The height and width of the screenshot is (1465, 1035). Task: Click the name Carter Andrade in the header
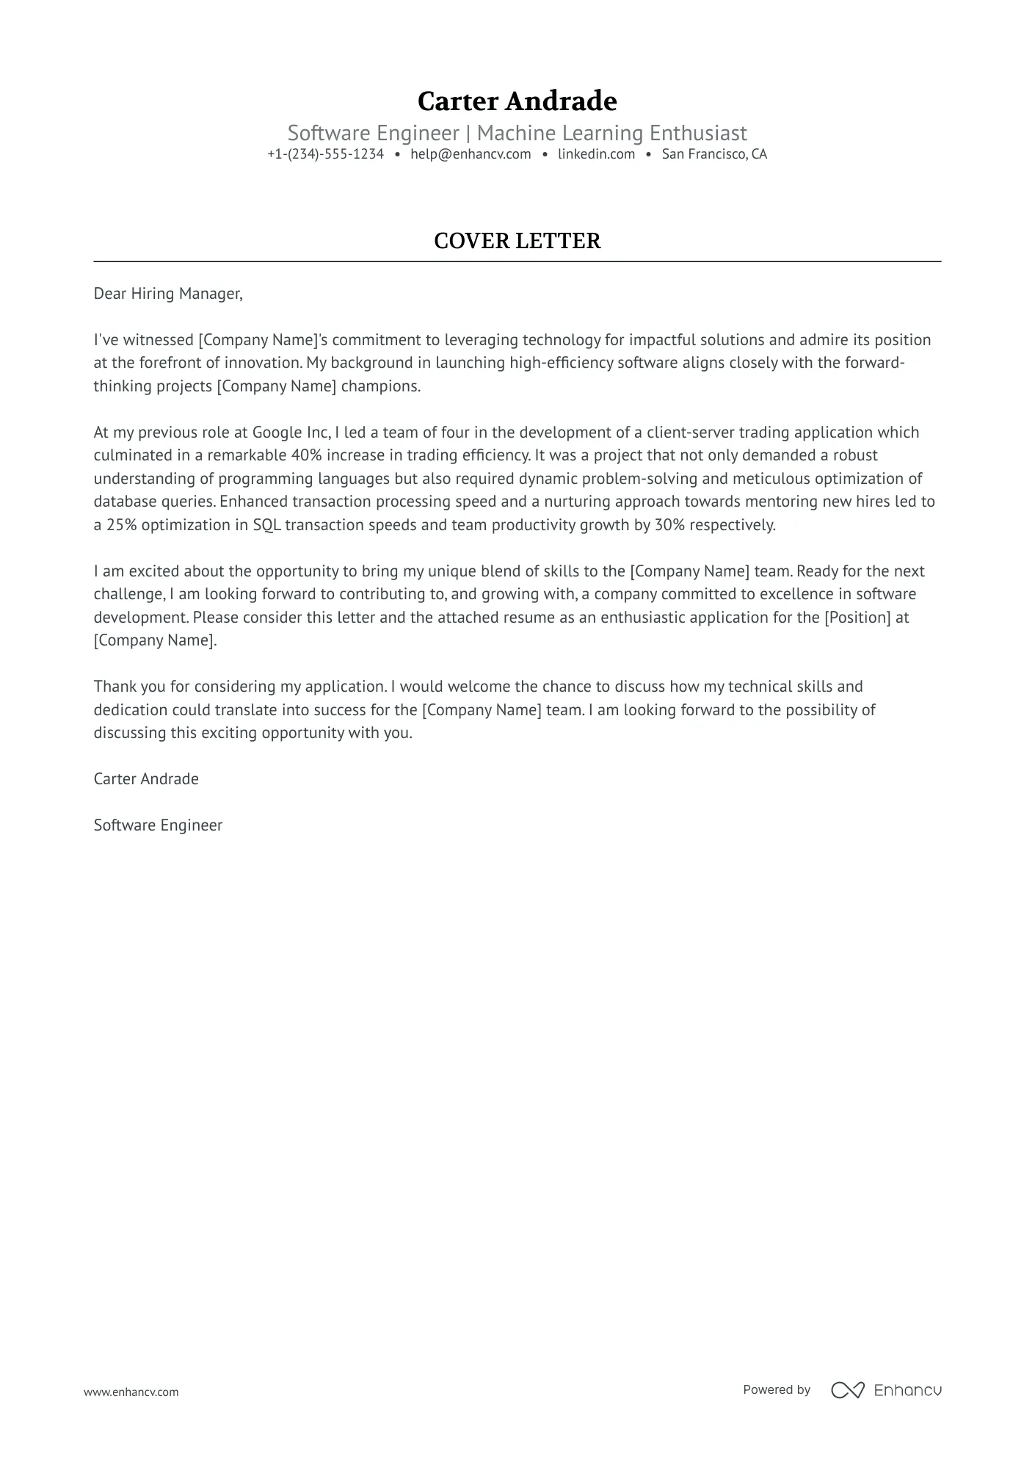(517, 101)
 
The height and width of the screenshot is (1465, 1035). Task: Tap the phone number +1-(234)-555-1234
(325, 154)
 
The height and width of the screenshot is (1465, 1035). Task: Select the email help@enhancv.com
(471, 154)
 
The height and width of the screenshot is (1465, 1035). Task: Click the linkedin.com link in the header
(596, 154)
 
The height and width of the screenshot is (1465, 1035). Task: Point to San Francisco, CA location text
(714, 154)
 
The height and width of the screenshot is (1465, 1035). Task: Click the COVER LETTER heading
(517, 241)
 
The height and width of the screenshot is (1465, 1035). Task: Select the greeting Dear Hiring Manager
(167, 294)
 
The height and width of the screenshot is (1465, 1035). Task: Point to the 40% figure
(306, 455)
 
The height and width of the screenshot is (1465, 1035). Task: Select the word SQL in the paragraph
(266, 525)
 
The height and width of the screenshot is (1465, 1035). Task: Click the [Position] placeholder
(857, 618)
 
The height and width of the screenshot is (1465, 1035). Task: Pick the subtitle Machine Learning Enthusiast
(611, 133)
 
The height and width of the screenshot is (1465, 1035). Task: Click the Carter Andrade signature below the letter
(146, 779)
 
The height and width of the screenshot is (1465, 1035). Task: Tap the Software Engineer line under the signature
(158, 825)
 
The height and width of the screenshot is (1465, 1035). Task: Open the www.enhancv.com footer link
(131, 1392)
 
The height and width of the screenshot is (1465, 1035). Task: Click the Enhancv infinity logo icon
(847, 1390)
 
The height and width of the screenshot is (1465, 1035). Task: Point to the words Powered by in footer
(776, 1389)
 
